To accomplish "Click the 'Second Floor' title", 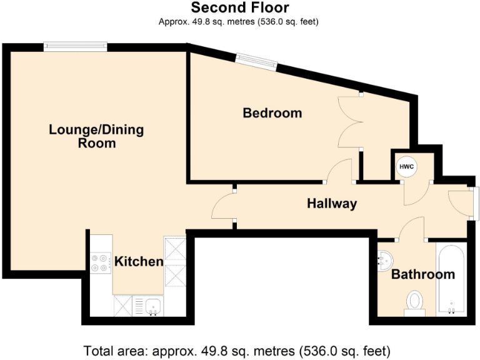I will pyautogui.click(x=240, y=8).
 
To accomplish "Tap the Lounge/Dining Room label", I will pyautogui.click(x=96, y=136).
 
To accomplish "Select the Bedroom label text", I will pyautogui.click(x=272, y=113).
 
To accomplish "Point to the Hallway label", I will pyautogui.click(x=331, y=203).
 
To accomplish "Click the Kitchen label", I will pyautogui.click(x=138, y=261).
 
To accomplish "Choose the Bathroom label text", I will pyautogui.click(x=422, y=274).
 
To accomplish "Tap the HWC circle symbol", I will pyautogui.click(x=406, y=167).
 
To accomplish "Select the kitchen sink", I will pyautogui.click(x=152, y=306).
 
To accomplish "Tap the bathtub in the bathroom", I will pyautogui.click(x=450, y=280).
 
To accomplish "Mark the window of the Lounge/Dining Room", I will pyautogui.click(x=75, y=46).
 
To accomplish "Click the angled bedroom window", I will pyautogui.click(x=256, y=61).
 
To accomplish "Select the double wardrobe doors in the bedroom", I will pyautogui.click(x=350, y=122).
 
